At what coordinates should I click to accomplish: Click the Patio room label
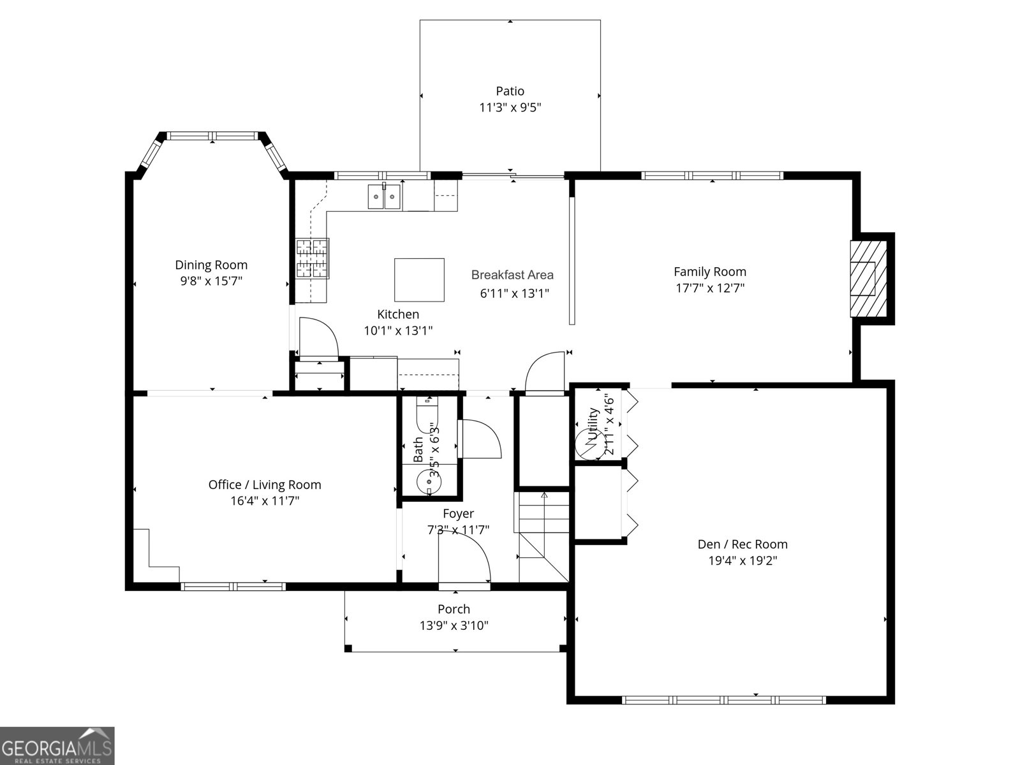coord(510,91)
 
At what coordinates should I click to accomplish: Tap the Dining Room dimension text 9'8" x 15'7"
coord(211,281)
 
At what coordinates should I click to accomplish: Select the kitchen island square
coord(419,280)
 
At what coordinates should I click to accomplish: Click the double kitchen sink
coord(384,197)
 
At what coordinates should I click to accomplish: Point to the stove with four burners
coord(313,259)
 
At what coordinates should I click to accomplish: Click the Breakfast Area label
coord(512,275)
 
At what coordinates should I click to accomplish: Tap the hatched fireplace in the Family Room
coord(869,279)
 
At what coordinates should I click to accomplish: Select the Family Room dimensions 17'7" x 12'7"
coord(710,288)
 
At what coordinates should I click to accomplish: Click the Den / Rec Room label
coord(743,544)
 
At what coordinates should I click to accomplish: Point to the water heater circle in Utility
coord(590,445)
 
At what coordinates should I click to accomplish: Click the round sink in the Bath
coord(429,483)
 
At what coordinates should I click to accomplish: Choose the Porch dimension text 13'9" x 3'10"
coord(454,625)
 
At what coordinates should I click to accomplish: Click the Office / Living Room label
coord(265,484)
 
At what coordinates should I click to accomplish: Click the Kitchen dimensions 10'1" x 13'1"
coord(398,330)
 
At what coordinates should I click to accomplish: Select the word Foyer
coord(458,513)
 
